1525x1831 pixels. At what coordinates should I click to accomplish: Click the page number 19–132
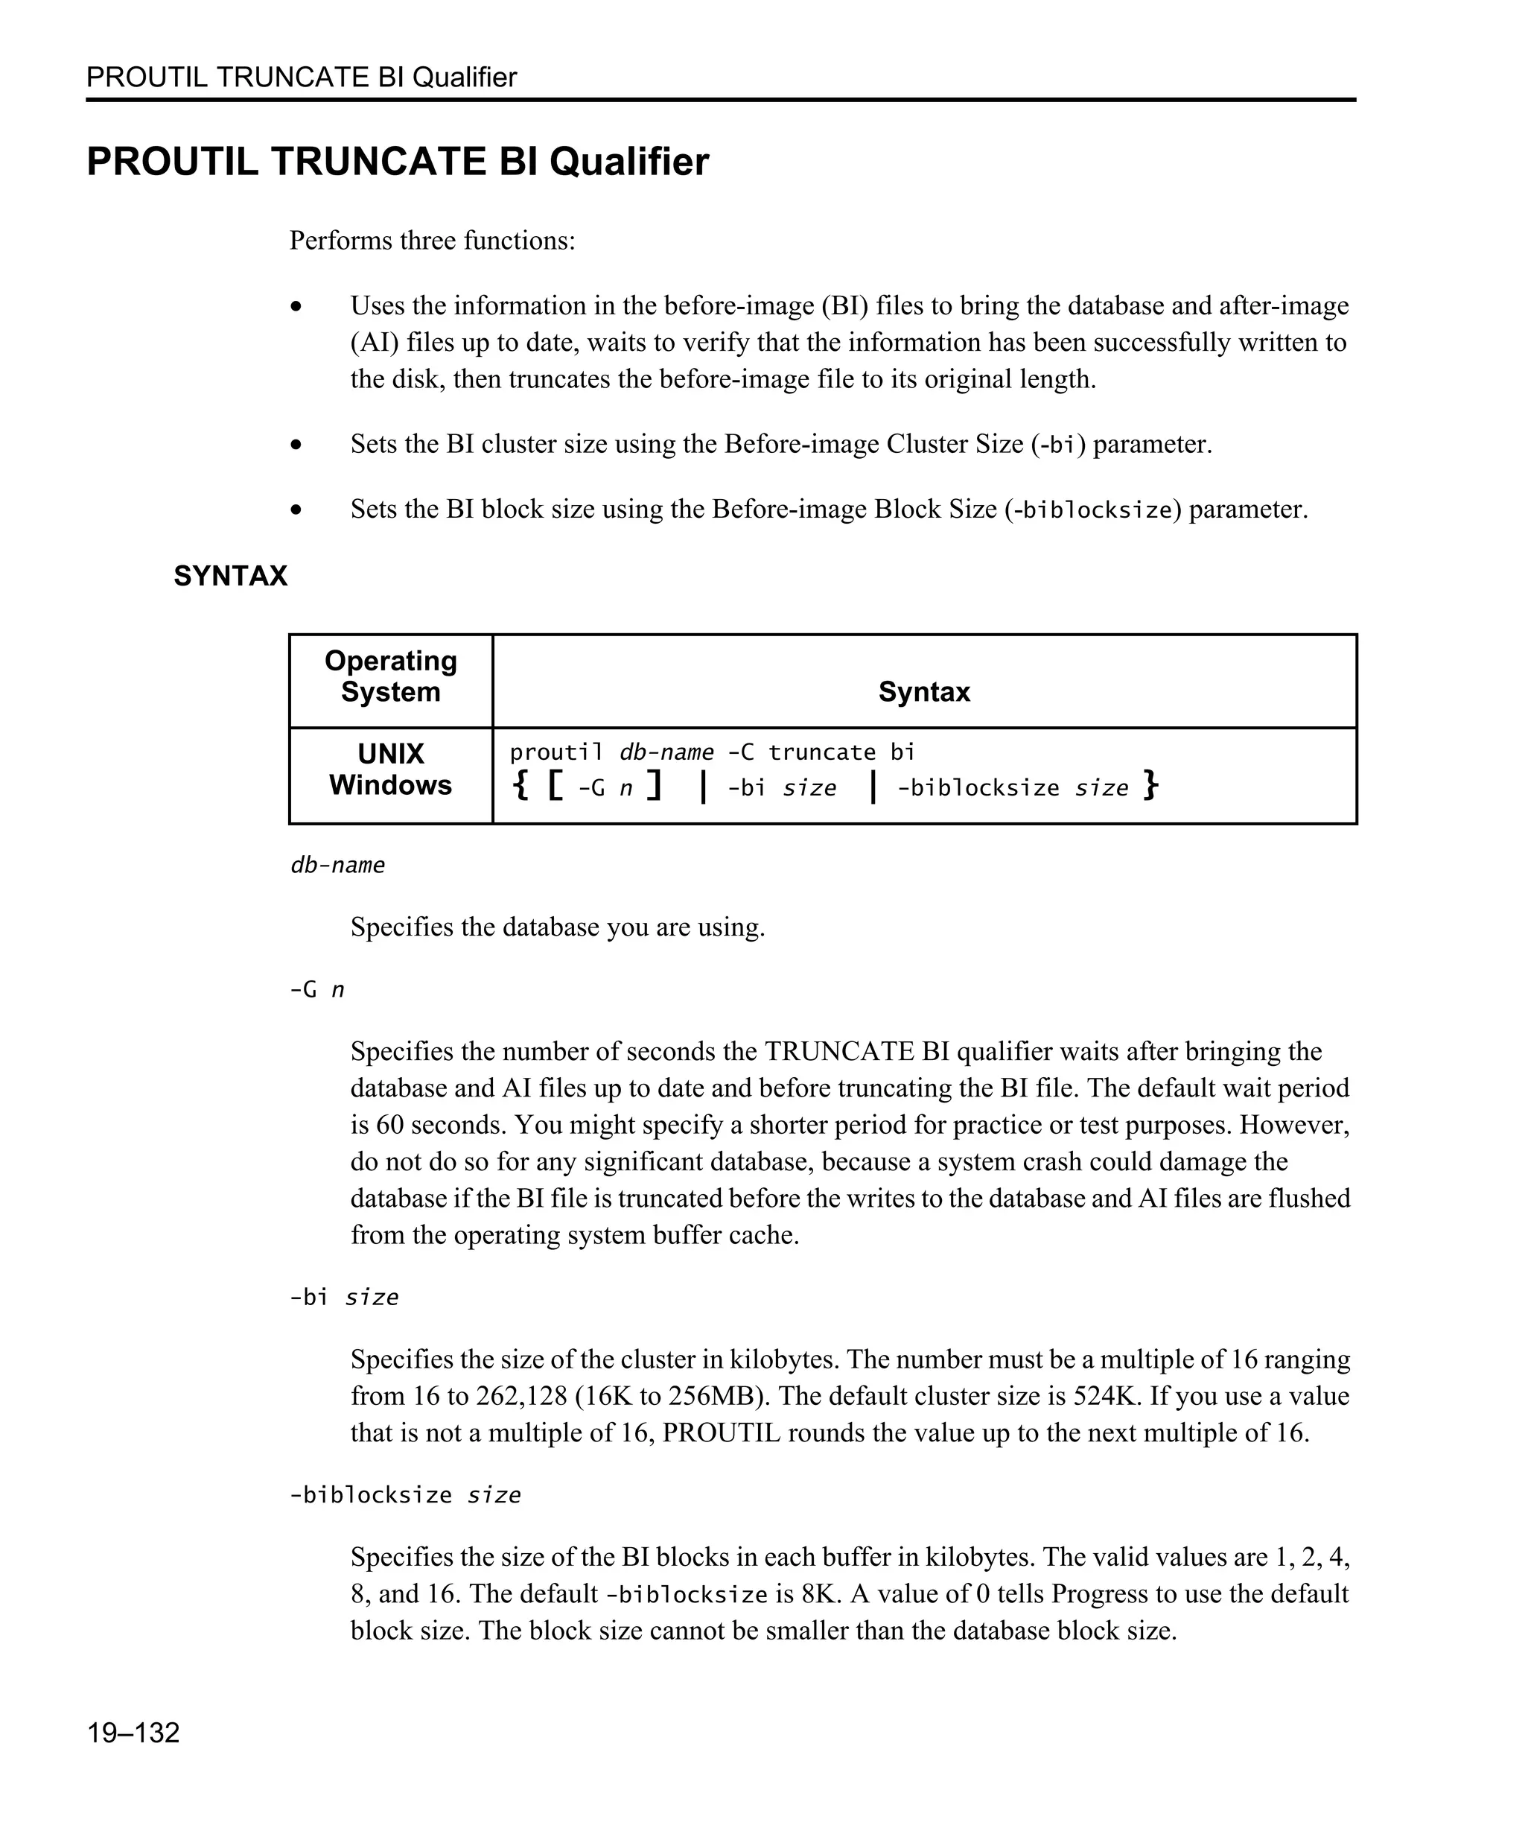tap(133, 1733)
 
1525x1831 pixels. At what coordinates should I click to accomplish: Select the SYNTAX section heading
tap(230, 577)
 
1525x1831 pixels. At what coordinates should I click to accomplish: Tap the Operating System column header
tap(390, 676)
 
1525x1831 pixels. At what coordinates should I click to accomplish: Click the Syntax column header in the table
tap(924, 691)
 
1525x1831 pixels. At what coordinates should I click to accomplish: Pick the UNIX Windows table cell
tap(390, 769)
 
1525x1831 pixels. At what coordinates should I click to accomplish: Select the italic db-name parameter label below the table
tap(337, 865)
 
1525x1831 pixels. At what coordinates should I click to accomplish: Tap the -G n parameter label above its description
tap(316, 989)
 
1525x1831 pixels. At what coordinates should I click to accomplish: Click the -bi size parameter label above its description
tap(343, 1298)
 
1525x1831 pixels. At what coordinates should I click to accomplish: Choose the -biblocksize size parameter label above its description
tap(404, 1494)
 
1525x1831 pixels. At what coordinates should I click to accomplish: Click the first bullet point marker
tap(296, 307)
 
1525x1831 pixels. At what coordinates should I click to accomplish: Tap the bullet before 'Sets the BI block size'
tap(296, 510)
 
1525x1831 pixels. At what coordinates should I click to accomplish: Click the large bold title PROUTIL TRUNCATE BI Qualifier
tap(398, 162)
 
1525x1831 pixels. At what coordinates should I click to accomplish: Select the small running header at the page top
tap(302, 77)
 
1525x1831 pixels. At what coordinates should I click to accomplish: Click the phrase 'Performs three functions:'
tap(432, 240)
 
